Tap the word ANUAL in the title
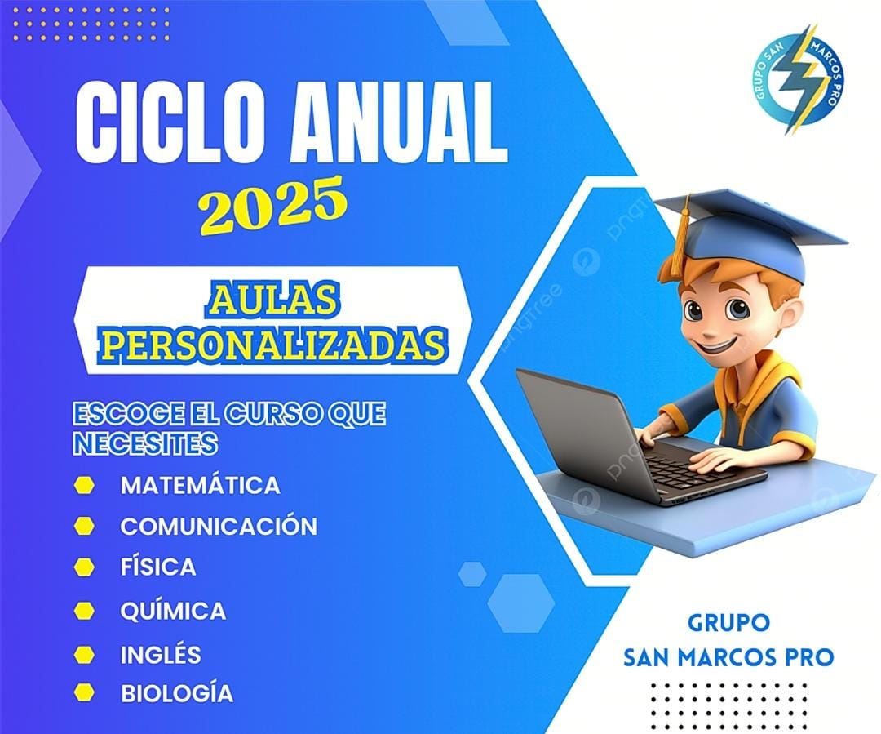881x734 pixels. [400, 122]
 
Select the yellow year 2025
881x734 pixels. [272, 205]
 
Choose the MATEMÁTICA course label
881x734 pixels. [200, 486]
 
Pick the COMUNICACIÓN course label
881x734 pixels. [219, 526]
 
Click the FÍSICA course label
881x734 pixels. [158, 567]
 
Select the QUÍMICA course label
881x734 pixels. [173, 610]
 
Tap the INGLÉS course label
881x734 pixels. [161, 654]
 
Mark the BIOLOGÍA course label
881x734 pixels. [177, 693]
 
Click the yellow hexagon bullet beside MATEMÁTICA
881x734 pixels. [84, 486]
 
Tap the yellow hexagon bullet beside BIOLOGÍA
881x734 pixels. [84, 692]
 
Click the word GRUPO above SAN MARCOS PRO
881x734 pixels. [728, 623]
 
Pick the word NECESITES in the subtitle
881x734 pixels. [145, 443]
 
